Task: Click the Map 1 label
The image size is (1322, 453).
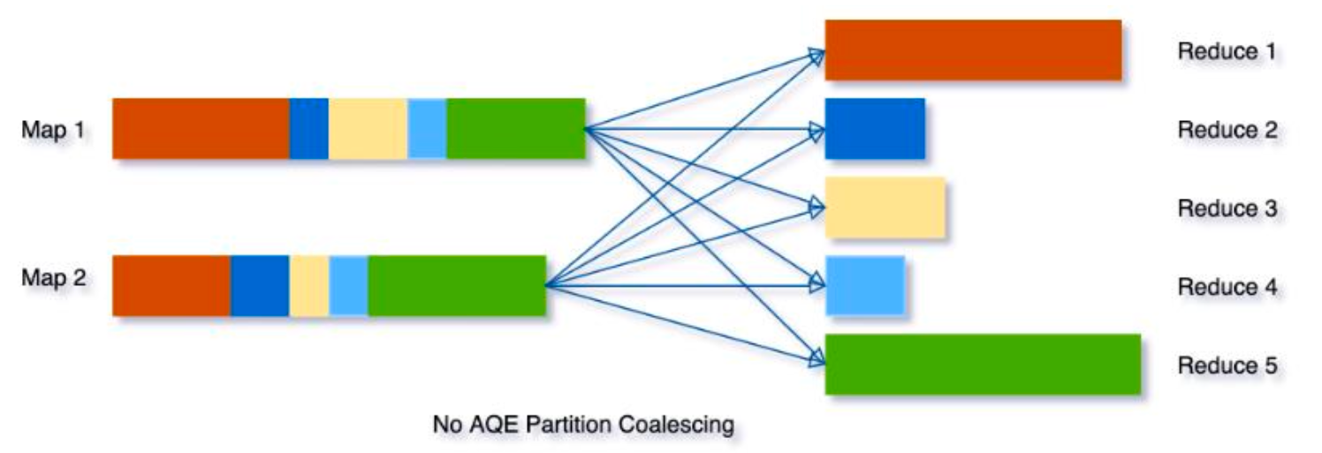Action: (54, 130)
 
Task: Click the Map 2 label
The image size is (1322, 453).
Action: (54, 279)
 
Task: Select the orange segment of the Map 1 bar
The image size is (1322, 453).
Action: (201, 129)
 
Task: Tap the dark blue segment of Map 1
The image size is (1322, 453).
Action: (308, 129)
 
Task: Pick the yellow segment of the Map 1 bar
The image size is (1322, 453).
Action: (368, 129)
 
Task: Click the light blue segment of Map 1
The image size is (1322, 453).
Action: (427, 129)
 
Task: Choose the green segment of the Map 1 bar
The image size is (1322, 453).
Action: (515, 129)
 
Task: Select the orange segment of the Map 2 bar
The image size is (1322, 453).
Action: (171, 285)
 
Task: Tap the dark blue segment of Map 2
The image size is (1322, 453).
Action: (260, 285)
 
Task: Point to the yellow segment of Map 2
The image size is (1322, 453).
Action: (309, 285)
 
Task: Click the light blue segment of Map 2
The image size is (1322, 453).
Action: (348, 285)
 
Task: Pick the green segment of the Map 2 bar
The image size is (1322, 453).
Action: (456, 285)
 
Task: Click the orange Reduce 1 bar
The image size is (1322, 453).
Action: (973, 50)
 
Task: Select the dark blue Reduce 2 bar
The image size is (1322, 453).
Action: (875, 129)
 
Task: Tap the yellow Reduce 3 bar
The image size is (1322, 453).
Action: (885, 208)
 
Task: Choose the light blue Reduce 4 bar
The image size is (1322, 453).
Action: (864, 285)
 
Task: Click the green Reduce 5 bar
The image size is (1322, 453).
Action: (983, 364)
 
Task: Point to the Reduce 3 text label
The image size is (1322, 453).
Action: (1227, 209)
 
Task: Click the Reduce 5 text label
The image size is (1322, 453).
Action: (1227, 366)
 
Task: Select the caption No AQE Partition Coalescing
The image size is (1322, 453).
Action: (583, 425)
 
